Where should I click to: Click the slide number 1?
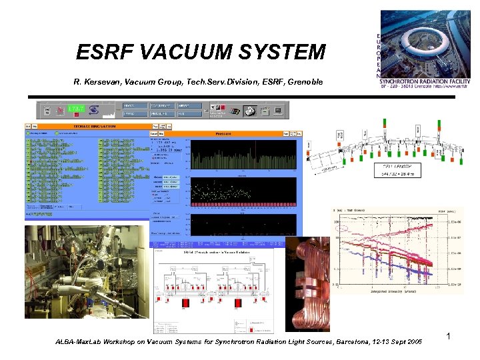click(449, 337)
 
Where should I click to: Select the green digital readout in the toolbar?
click(76, 108)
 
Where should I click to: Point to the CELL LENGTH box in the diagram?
click(399, 171)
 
